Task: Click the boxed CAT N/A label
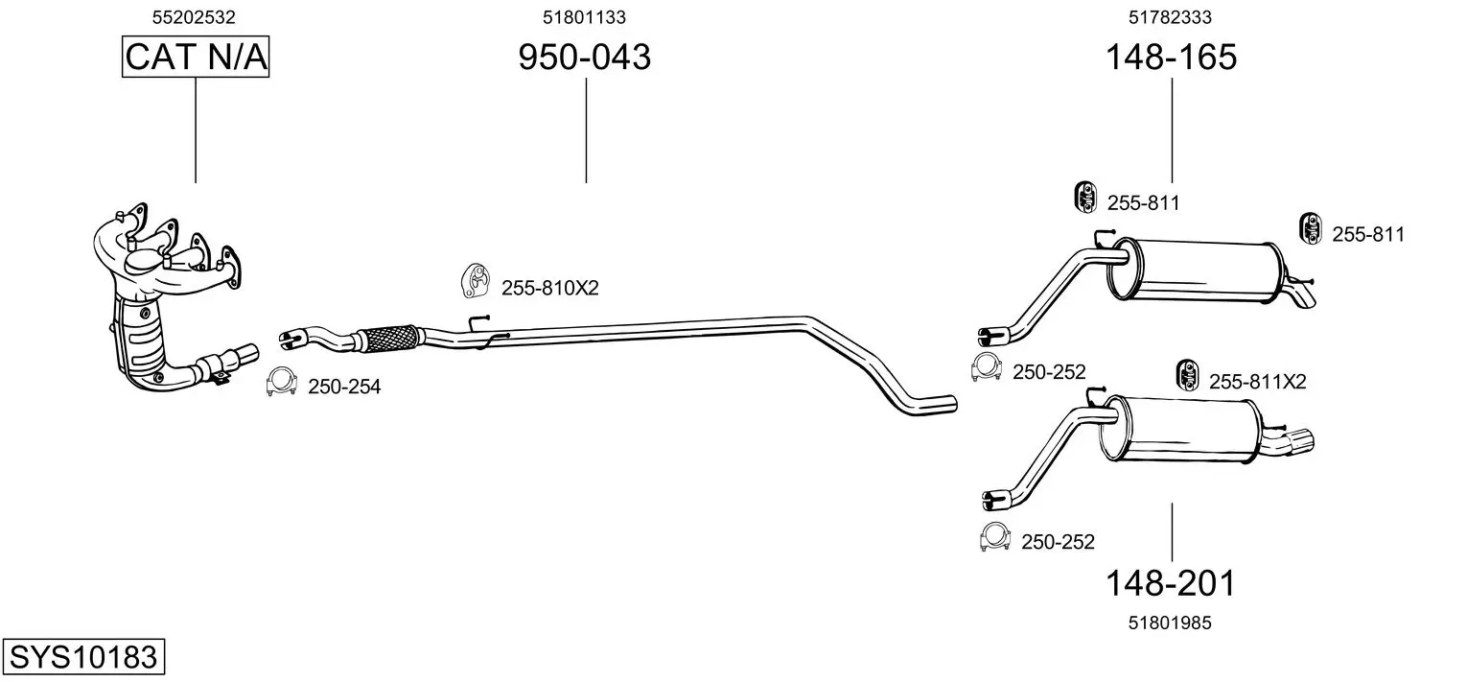pyautogui.click(x=196, y=57)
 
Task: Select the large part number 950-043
pyautogui.click(x=585, y=57)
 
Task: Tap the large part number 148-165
pyautogui.click(x=1171, y=57)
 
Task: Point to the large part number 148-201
pyautogui.click(x=1171, y=583)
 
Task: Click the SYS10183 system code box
pyautogui.click(x=83, y=656)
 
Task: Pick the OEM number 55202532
pyautogui.click(x=194, y=17)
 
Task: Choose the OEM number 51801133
pyautogui.click(x=584, y=17)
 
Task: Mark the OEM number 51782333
pyautogui.click(x=1170, y=17)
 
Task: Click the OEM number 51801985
pyautogui.click(x=1170, y=623)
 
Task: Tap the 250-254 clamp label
pyautogui.click(x=344, y=388)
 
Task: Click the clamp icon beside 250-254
pyautogui.click(x=282, y=382)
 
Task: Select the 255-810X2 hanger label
pyautogui.click(x=550, y=289)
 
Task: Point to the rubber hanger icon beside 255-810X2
pyautogui.click(x=477, y=281)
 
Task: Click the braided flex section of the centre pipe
pyautogui.click(x=390, y=339)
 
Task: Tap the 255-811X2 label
pyautogui.click(x=1257, y=382)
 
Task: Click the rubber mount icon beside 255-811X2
pyautogui.click(x=1187, y=375)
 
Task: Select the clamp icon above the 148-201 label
pyautogui.click(x=995, y=536)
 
